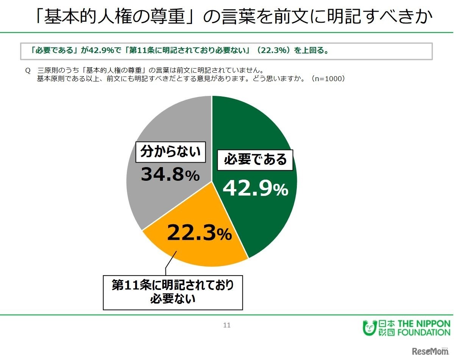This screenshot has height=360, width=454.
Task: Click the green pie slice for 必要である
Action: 261,220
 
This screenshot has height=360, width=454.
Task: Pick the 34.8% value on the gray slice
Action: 170,175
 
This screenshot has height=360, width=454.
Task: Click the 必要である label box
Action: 255,160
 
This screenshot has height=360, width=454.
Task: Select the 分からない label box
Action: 170,152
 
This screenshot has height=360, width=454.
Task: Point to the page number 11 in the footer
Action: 227,325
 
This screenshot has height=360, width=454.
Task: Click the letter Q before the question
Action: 27,71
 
